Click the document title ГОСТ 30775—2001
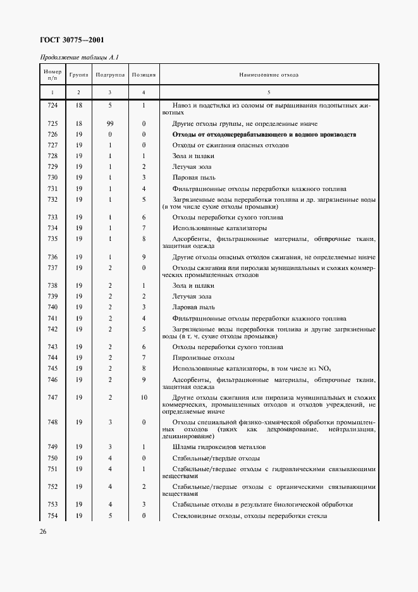(71, 40)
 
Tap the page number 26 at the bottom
(44, 531)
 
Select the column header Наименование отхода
(268, 75)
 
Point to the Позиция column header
(144, 75)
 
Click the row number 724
(52, 105)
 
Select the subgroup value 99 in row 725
(110, 123)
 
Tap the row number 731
(52, 188)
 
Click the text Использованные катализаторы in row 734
(210, 228)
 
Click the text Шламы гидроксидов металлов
(214, 447)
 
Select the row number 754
(52, 516)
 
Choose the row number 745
(52, 368)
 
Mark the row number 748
(52, 422)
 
